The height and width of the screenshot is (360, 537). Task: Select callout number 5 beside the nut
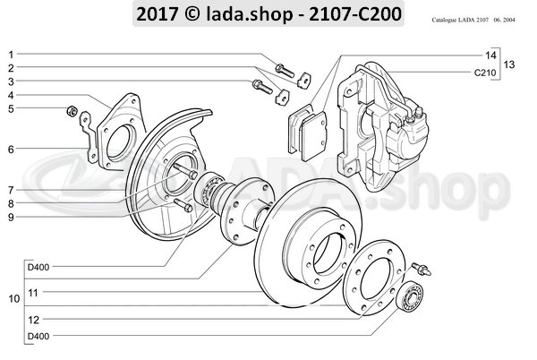coord(11,109)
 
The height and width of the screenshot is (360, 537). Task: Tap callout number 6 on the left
coord(11,149)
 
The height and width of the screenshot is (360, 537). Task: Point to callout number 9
coord(11,216)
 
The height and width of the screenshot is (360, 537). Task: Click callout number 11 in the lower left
coord(31,292)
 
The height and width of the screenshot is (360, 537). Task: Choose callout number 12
coord(31,318)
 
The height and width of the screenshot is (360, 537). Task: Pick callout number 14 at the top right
coord(490,55)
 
